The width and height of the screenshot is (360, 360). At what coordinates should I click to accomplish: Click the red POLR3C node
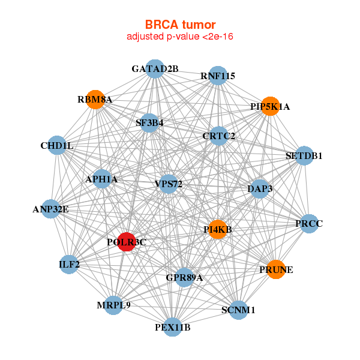126,242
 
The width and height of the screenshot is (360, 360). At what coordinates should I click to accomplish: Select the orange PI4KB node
217,229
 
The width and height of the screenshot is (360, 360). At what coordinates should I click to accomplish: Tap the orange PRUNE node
275,269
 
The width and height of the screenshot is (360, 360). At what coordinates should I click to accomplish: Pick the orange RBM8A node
95,99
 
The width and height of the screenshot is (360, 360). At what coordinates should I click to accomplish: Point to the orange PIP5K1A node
270,106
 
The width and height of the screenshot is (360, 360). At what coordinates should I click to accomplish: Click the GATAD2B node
155,68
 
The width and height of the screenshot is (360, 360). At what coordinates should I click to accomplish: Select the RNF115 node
218,76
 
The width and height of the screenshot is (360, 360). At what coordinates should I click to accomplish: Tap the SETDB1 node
304,155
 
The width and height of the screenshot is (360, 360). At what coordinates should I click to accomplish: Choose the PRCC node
309,224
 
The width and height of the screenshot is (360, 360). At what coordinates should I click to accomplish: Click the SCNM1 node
238,310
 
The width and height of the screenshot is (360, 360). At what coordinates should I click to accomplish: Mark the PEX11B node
172,327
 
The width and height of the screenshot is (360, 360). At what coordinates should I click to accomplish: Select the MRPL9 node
113,305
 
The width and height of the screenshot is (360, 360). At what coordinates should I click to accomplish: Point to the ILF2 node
69,264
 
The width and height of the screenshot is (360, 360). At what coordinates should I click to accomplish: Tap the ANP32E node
51,209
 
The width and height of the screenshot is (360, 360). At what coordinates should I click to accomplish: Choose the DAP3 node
260,188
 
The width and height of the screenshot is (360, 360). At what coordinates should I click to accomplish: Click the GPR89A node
184,278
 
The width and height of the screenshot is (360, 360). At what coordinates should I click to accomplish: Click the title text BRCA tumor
180,25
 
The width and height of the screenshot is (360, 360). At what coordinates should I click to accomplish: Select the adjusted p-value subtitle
180,37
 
